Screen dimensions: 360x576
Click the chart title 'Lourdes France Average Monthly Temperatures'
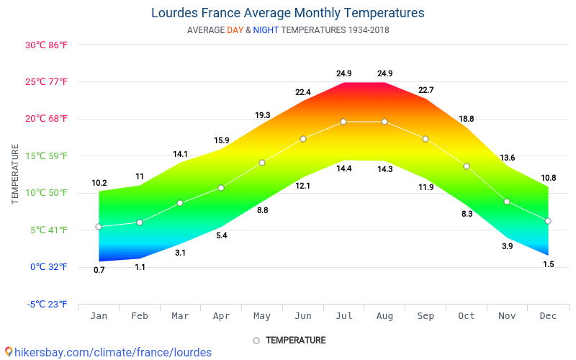(x=287, y=13)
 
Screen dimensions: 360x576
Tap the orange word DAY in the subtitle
(x=235, y=30)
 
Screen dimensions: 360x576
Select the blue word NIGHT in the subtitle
(x=266, y=30)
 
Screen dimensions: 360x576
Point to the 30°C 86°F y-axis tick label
(x=46, y=45)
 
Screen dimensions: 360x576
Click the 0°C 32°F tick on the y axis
(x=48, y=267)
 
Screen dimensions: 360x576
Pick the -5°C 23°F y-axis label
(x=47, y=305)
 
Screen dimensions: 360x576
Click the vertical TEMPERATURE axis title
(x=15, y=174)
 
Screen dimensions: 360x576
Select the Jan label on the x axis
(x=99, y=316)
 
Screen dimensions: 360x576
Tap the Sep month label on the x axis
(x=426, y=316)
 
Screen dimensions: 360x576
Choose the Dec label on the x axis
(x=548, y=316)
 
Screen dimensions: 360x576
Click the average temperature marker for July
(x=343, y=122)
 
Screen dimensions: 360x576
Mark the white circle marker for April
(x=221, y=188)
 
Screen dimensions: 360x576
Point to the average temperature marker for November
(x=507, y=202)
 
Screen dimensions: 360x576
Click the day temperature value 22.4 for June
(x=302, y=92)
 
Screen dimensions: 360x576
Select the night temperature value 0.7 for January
(x=99, y=270)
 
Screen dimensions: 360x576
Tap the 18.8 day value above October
(x=466, y=119)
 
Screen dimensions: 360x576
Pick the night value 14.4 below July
(x=343, y=168)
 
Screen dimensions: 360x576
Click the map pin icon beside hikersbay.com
(x=8, y=352)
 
